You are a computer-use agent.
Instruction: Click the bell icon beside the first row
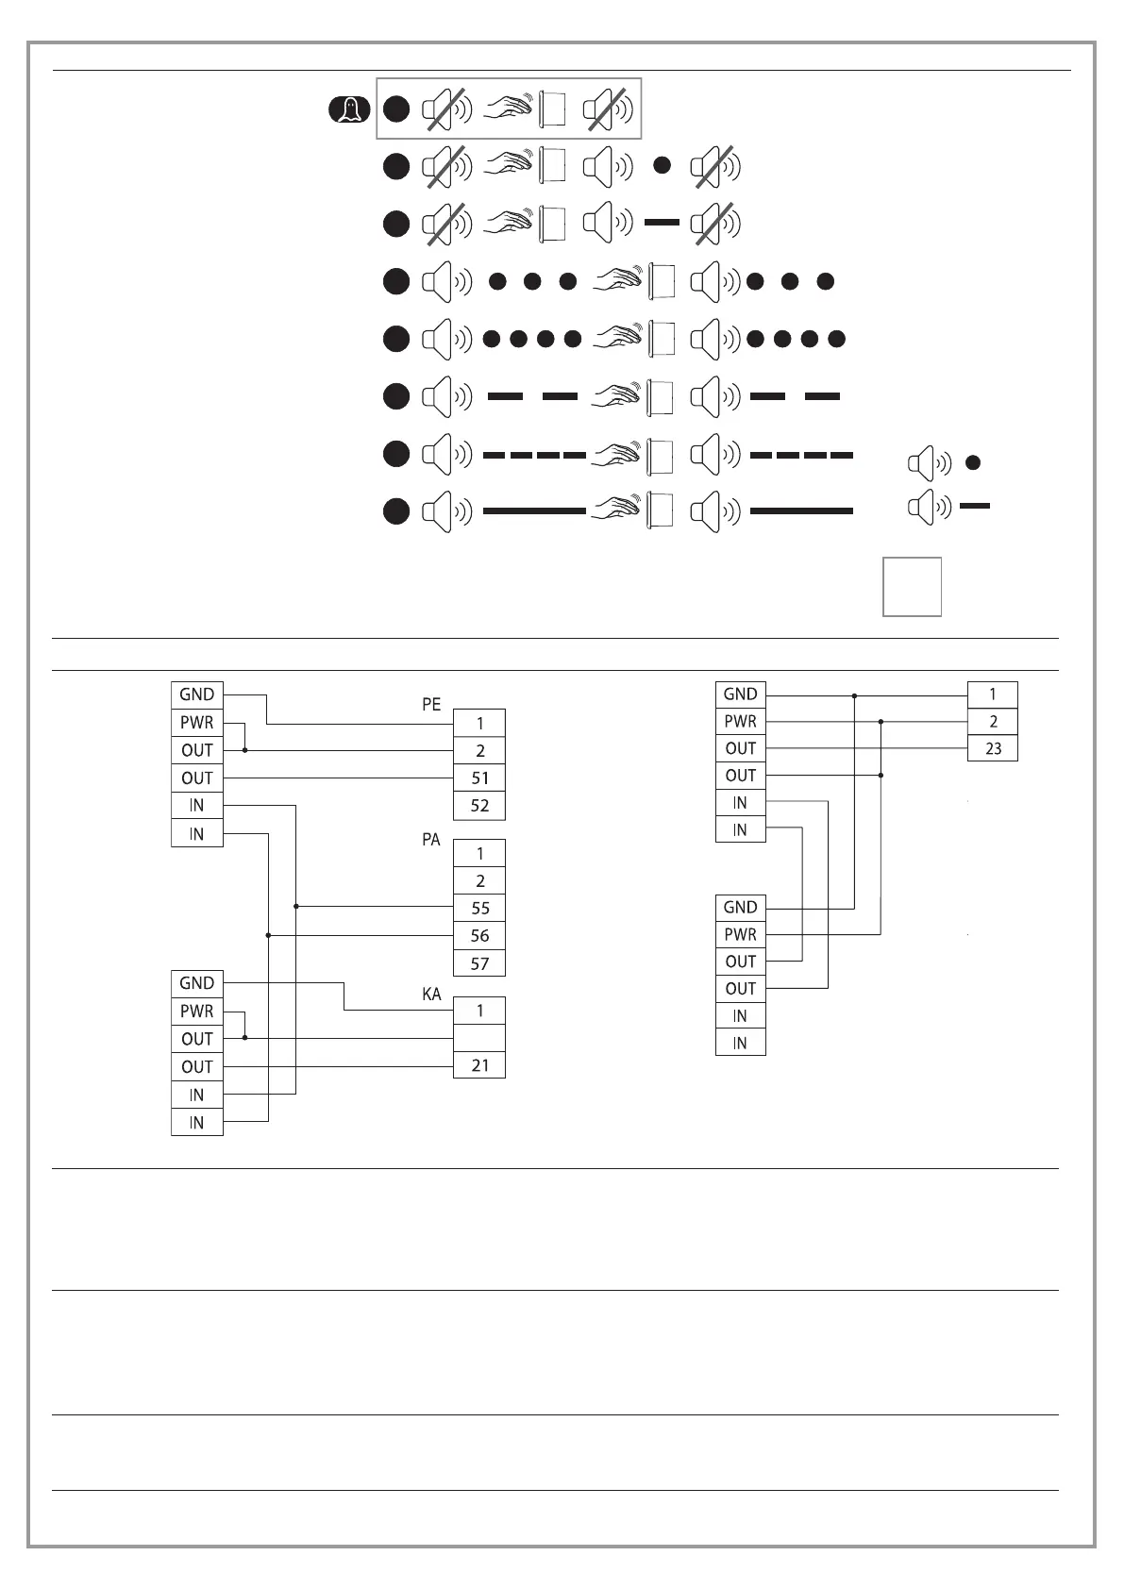pyautogui.click(x=350, y=110)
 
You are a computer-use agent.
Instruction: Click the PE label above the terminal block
pyautogui.click(x=431, y=705)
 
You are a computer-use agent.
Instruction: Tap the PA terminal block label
pyautogui.click(x=431, y=839)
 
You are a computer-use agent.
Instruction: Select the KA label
pyautogui.click(x=431, y=995)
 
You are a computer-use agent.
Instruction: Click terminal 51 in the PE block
pyautogui.click(x=479, y=778)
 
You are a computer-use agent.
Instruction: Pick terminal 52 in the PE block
pyautogui.click(x=479, y=806)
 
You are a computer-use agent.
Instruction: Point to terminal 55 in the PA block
pyautogui.click(x=479, y=908)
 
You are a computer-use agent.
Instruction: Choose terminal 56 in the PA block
pyautogui.click(x=479, y=936)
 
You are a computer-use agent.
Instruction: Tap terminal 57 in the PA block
pyautogui.click(x=479, y=963)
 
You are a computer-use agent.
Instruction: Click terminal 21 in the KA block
pyautogui.click(x=479, y=1065)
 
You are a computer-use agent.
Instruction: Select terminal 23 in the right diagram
pyautogui.click(x=993, y=748)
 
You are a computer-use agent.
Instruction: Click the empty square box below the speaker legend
pyautogui.click(x=912, y=587)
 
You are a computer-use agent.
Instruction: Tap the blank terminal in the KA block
pyautogui.click(x=479, y=1038)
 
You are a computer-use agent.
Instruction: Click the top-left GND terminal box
pyautogui.click(x=197, y=694)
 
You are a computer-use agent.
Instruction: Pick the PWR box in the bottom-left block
pyautogui.click(x=197, y=1012)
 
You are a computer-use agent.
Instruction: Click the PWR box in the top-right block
pyautogui.click(x=741, y=722)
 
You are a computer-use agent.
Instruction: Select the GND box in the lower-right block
pyautogui.click(x=741, y=908)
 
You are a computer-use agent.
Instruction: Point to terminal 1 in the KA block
pyautogui.click(x=479, y=1011)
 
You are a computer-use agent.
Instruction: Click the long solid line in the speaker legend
pyautogui.click(x=975, y=507)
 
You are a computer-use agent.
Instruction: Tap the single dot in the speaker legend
pyautogui.click(x=974, y=462)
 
